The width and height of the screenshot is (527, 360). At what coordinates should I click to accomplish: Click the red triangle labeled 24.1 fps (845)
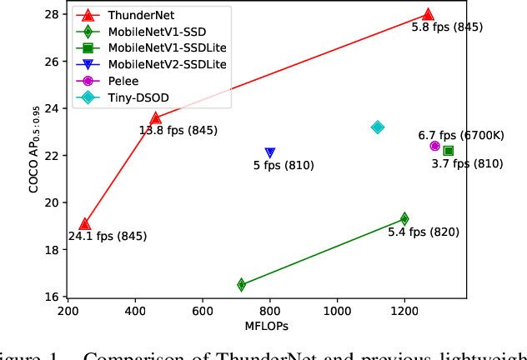pyautogui.click(x=84, y=224)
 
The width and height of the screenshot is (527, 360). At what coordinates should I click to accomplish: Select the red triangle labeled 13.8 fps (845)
pyautogui.click(x=155, y=118)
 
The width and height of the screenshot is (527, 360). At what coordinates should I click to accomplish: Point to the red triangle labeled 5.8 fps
pyautogui.click(x=428, y=15)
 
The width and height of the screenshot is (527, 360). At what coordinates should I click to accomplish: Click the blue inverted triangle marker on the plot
pyautogui.click(x=270, y=152)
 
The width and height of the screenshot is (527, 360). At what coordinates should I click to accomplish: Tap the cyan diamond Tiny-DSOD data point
pyautogui.click(x=378, y=127)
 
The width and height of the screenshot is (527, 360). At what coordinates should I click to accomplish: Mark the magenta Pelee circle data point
pyautogui.click(x=434, y=146)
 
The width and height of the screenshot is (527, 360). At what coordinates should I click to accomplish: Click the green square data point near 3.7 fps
pyautogui.click(x=449, y=151)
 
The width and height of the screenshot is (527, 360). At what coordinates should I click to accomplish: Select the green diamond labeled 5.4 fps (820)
pyautogui.click(x=404, y=219)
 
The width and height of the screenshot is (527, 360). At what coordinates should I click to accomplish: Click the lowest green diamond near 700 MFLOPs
pyautogui.click(x=242, y=285)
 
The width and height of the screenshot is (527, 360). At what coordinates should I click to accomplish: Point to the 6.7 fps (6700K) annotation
pyautogui.click(x=461, y=135)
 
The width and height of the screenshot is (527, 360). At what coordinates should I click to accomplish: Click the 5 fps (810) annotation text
pyautogui.click(x=284, y=166)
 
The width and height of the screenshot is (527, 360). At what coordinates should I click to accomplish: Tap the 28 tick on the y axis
pyautogui.click(x=52, y=15)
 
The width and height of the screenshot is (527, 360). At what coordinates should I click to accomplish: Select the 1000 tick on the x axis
pyautogui.click(x=337, y=311)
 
